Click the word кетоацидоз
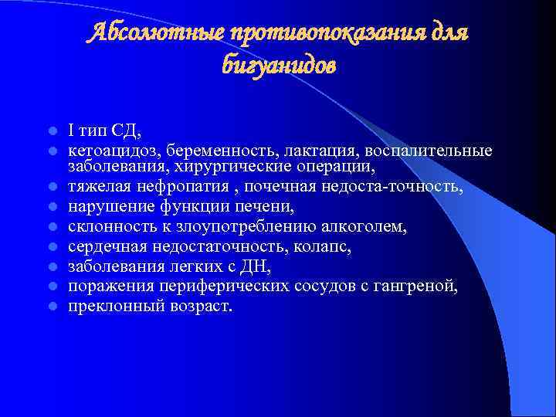point(107,149)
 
